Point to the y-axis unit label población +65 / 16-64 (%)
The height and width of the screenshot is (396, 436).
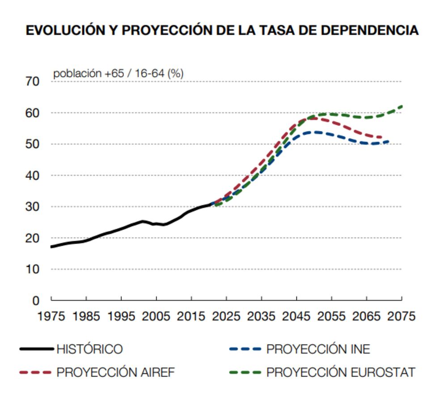(118, 74)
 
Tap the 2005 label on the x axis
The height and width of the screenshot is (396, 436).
(156, 316)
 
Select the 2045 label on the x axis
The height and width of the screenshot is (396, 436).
(296, 316)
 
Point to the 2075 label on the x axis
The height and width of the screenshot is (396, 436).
(401, 316)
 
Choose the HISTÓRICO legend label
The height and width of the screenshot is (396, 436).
(89, 349)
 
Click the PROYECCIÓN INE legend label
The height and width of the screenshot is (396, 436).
(318, 349)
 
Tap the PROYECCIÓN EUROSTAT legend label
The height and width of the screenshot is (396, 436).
(341, 372)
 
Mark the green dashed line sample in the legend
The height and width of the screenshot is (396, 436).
(245, 372)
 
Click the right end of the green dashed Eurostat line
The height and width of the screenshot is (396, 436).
(402, 106)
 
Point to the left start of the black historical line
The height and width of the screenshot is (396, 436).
(52, 247)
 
